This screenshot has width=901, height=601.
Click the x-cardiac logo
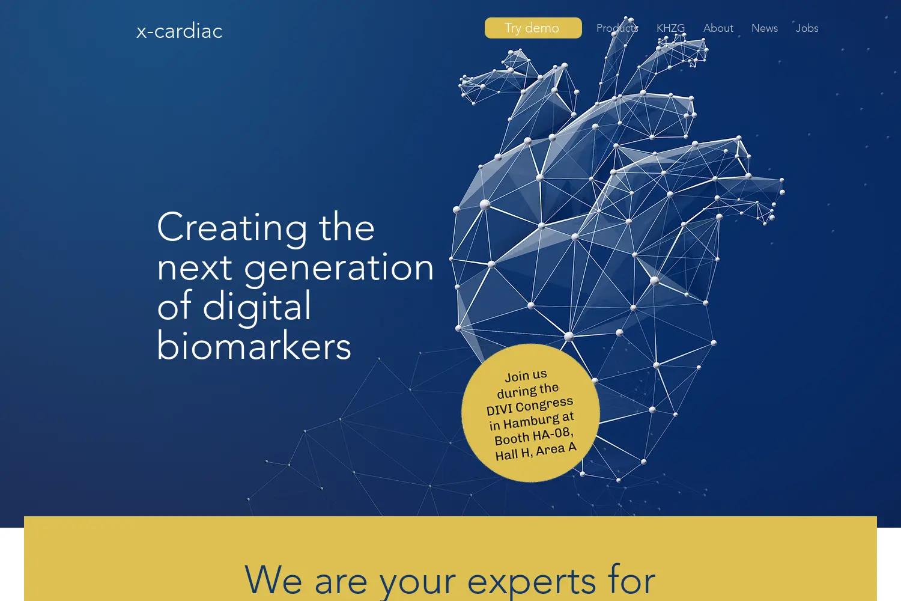(x=180, y=31)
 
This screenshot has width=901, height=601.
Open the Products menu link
(x=617, y=28)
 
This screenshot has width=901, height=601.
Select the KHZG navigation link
(x=670, y=28)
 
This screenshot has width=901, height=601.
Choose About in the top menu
(x=718, y=28)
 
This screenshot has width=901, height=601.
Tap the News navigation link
(x=764, y=28)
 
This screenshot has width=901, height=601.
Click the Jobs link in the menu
(x=807, y=28)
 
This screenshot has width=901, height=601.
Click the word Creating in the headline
(x=232, y=228)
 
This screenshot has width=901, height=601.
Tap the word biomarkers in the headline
(x=254, y=345)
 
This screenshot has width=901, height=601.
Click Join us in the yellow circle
(x=526, y=376)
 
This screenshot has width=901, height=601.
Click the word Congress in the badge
(x=544, y=404)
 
